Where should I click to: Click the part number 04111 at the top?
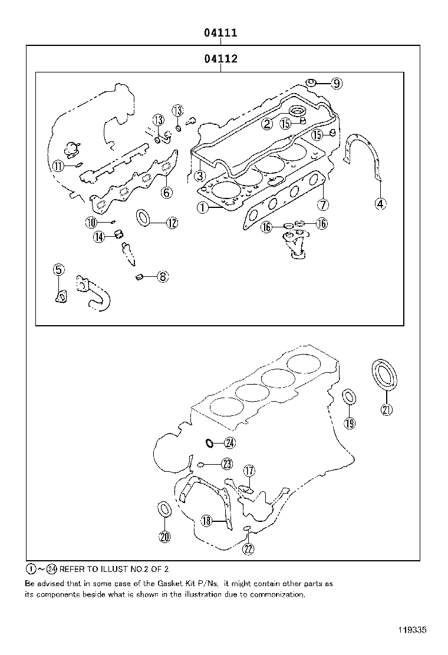coord(220,33)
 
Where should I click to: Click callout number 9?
coord(336,84)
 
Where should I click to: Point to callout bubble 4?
coord(380,204)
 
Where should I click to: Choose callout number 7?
coord(322,205)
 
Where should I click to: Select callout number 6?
coord(167,192)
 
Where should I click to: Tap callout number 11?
coord(58,166)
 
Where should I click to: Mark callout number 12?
coord(172,223)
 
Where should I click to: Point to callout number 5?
coord(58,270)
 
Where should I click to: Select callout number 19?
coord(350,423)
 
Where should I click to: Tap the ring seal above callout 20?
coord(164,508)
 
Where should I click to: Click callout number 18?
coord(206,521)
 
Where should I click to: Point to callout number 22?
coord(248,549)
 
